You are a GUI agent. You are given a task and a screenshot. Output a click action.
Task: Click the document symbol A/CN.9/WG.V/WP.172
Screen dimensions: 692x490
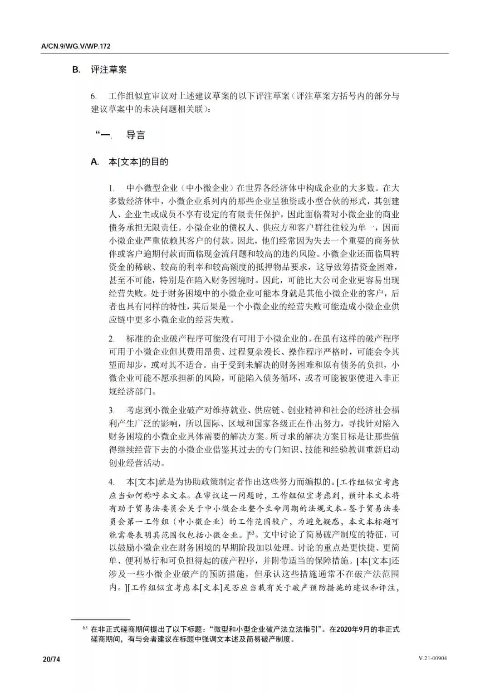coord(76,46)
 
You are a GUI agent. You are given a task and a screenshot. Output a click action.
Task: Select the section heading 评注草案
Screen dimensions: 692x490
coord(108,70)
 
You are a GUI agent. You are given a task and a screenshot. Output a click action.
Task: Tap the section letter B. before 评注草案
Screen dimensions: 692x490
coord(76,70)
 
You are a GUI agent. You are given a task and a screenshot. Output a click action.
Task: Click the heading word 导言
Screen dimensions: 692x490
coord(136,135)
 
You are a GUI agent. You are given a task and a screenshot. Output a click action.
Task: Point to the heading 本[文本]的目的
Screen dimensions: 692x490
coord(138,162)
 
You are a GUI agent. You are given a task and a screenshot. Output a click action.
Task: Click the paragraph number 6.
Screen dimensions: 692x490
coord(93,97)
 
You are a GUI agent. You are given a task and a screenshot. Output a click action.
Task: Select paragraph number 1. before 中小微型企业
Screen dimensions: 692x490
coord(111,188)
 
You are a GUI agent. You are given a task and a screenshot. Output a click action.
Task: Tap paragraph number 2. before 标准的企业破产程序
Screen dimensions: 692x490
coord(111,339)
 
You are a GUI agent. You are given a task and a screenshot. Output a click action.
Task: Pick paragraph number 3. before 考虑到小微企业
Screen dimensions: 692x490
coord(111,411)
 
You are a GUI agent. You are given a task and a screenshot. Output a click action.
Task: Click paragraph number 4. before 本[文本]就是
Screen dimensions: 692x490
coord(111,482)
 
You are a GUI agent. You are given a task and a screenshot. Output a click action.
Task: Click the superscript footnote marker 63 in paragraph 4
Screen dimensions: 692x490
coord(252,532)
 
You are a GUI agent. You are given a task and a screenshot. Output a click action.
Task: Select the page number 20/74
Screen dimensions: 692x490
coord(51,659)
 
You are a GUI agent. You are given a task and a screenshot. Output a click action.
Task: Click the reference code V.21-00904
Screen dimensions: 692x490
coord(432,659)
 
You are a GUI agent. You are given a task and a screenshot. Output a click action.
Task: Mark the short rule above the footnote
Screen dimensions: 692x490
coord(100,619)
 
